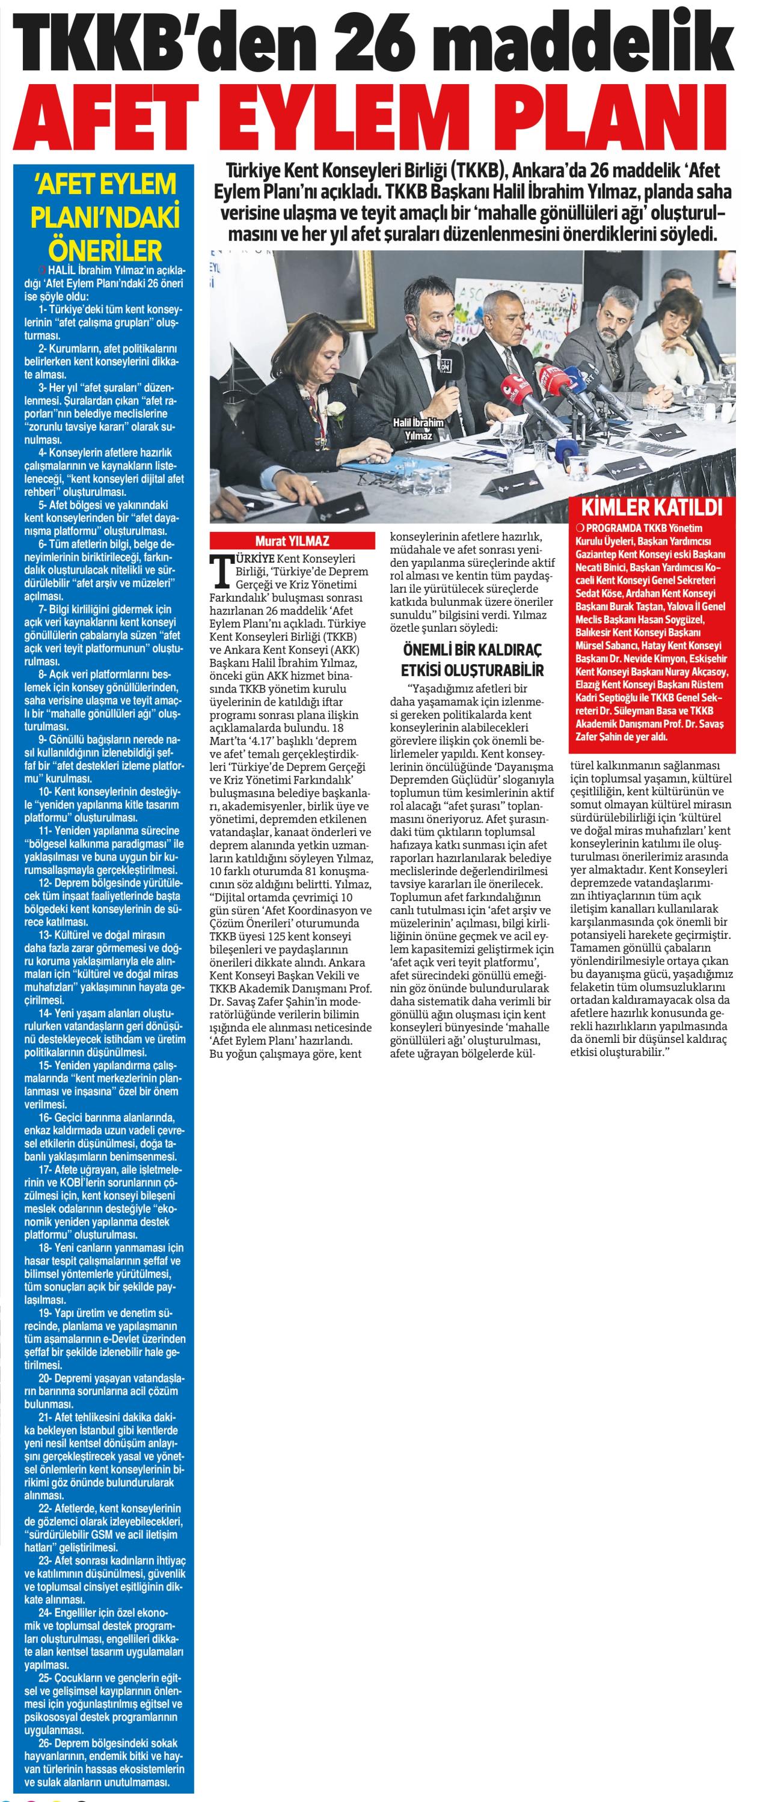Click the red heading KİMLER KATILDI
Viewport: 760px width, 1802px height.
(x=654, y=507)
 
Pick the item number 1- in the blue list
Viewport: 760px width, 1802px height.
(x=43, y=308)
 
